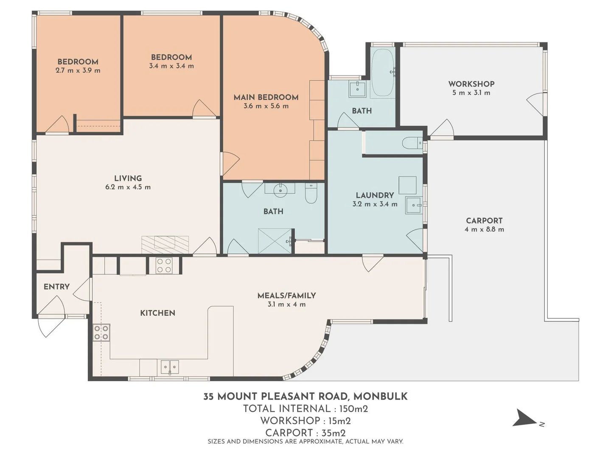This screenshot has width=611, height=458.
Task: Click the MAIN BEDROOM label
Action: point(266,97)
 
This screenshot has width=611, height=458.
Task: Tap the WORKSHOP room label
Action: point(471,84)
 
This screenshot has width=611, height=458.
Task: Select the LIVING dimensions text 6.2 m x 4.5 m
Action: point(128,187)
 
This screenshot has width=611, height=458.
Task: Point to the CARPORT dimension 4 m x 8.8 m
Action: point(484,229)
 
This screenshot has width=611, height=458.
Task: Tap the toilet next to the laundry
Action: point(412,143)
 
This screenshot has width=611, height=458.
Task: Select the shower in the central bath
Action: point(275,241)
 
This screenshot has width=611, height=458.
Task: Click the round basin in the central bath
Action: point(280,190)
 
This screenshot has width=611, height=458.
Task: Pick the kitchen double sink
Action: point(170,367)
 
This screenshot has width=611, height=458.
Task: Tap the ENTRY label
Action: point(56,287)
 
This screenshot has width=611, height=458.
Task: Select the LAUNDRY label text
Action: point(375,195)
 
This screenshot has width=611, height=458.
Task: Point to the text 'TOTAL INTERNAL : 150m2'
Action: point(305,409)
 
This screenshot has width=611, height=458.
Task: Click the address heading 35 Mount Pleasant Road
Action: point(305,397)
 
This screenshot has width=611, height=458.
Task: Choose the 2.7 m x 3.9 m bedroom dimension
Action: point(78,70)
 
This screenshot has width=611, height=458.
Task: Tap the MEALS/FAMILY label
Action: point(286,296)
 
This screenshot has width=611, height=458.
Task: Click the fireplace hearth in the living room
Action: point(165,245)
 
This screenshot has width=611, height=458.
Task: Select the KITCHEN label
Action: point(157,313)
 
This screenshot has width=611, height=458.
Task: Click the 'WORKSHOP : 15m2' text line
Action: point(305,421)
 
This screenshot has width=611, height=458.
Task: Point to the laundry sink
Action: point(413,205)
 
